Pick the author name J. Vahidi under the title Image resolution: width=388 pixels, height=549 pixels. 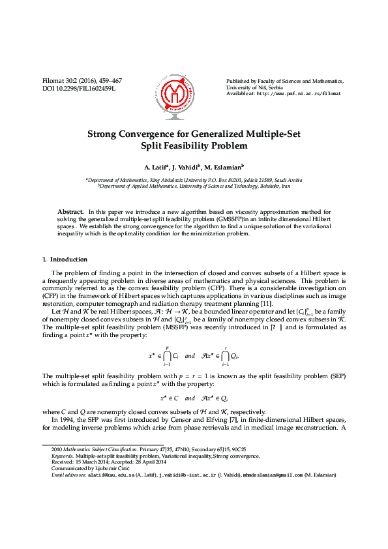186,167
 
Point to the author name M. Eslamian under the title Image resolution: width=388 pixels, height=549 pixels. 224,167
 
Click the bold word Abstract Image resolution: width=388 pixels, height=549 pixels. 70,212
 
